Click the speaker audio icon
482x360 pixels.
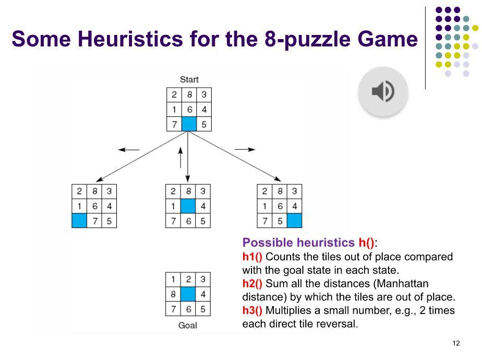click(x=383, y=92)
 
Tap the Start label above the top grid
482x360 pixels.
click(x=189, y=80)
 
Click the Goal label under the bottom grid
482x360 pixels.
click(x=188, y=326)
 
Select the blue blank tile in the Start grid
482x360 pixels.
click(x=189, y=124)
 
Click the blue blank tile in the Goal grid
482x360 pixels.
click(x=188, y=294)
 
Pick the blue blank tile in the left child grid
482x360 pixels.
click(x=79, y=220)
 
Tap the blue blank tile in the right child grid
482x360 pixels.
click(x=294, y=220)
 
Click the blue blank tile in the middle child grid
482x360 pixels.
click(x=188, y=206)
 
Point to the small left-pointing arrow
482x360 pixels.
click(x=129, y=150)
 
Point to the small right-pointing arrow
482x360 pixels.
click(x=245, y=149)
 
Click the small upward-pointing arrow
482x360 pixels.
click(x=180, y=157)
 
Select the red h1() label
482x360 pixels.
click(x=252, y=257)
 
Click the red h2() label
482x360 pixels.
click(x=252, y=284)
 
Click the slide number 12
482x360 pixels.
click(x=456, y=343)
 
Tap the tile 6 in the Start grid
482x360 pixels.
click(x=189, y=110)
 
